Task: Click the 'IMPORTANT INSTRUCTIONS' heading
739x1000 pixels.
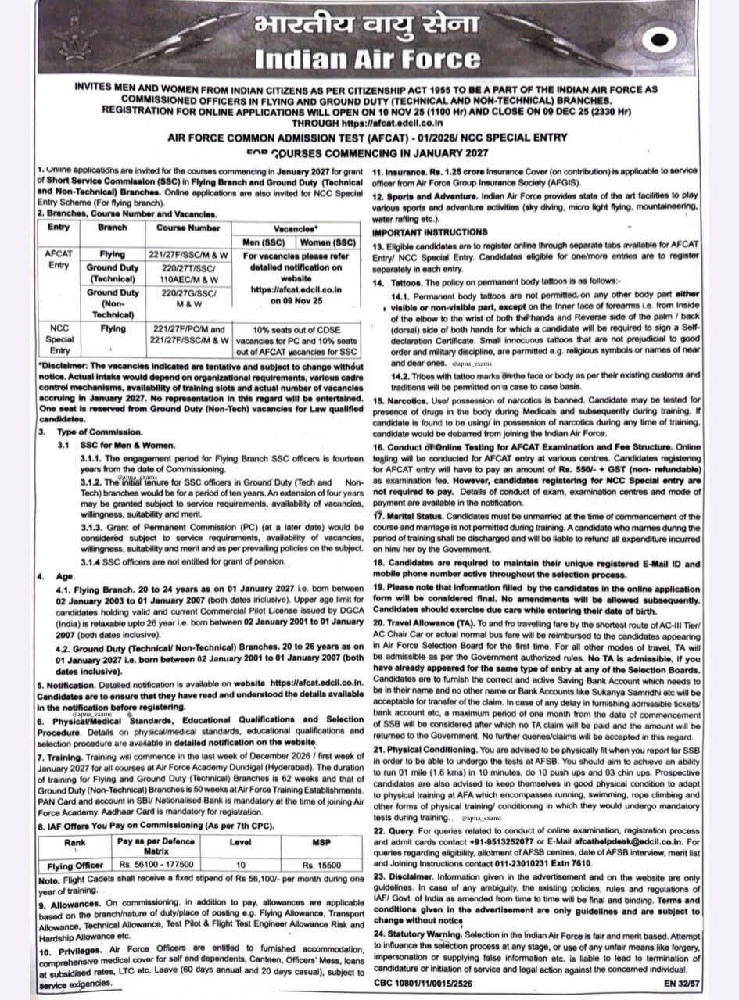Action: coord(429,232)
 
